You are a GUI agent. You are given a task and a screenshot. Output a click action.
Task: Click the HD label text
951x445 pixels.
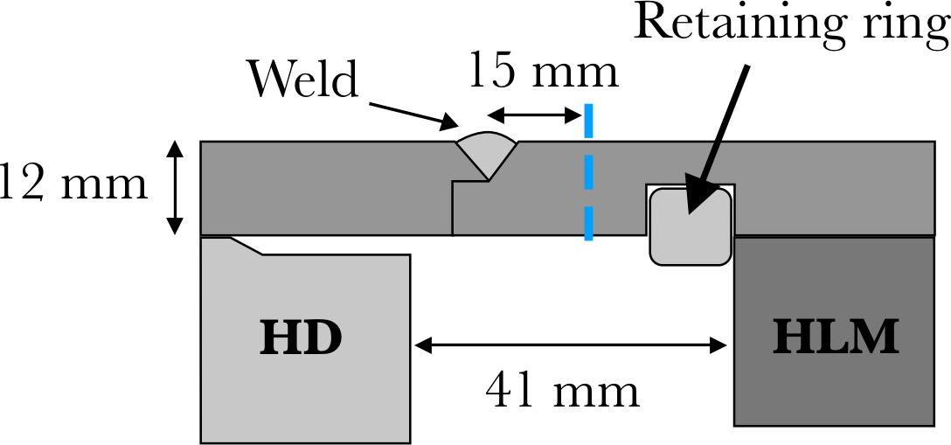300,338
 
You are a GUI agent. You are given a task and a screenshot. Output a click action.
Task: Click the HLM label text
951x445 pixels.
835,338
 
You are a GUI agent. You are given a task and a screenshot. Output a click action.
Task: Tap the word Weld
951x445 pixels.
303,79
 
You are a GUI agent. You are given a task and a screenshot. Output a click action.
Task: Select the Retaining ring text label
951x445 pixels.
791,24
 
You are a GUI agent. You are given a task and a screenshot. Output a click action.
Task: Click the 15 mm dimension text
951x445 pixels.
543,72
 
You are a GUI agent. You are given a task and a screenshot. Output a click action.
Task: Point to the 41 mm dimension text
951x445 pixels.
563,391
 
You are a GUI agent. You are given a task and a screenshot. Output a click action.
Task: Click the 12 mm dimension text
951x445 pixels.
73,185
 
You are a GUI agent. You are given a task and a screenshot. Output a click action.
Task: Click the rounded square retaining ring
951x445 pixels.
691,226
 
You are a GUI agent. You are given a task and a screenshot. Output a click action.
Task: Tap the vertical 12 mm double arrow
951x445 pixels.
176,188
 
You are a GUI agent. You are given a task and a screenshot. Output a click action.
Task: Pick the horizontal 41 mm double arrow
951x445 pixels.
572,345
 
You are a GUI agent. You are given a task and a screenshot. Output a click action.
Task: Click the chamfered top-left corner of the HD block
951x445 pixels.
246,246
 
